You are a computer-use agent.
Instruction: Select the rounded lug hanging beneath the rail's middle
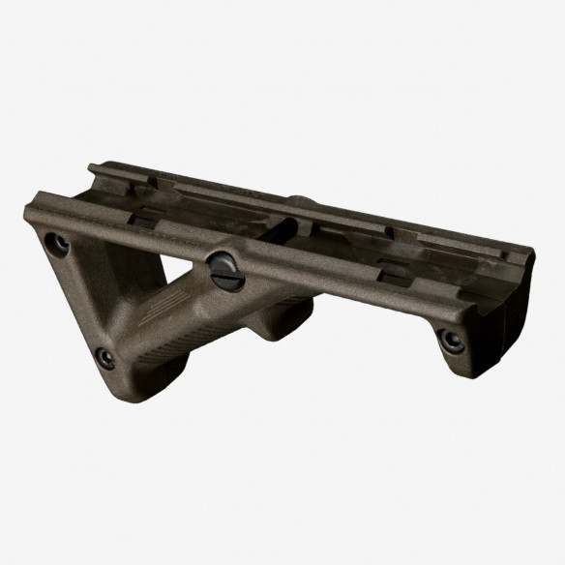pos(284,324)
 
